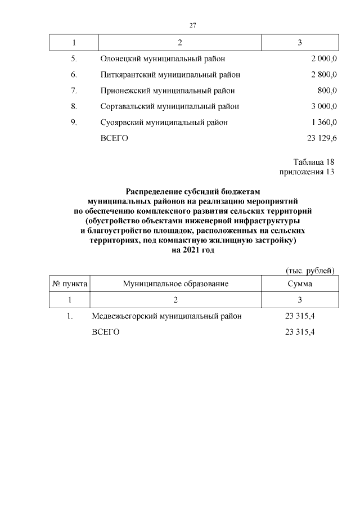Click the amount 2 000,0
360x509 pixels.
(x=323, y=58)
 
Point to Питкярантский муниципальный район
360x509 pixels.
(x=170, y=74)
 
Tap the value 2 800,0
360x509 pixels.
(x=323, y=74)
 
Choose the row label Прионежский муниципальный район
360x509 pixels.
(x=167, y=90)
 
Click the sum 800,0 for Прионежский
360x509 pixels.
(x=327, y=90)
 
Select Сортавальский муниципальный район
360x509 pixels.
(x=170, y=106)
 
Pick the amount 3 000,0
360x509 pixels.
(x=323, y=106)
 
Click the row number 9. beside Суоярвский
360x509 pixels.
(x=74, y=122)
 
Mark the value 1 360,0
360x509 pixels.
(x=323, y=122)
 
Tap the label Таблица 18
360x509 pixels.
(x=313, y=162)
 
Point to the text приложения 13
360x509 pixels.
(x=307, y=172)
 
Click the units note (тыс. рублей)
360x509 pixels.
(x=310, y=271)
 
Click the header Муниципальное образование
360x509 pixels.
(x=175, y=284)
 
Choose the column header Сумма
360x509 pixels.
(x=300, y=284)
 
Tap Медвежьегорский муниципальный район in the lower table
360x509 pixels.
(x=166, y=316)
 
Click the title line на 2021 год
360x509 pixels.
(x=192, y=251)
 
